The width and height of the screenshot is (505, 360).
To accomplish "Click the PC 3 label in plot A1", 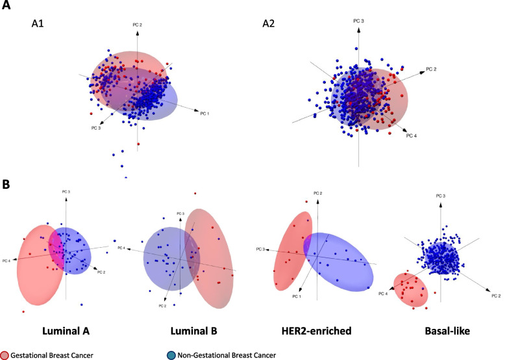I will (x=97, y=128).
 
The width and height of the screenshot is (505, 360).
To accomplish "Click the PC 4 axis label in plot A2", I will (x=411, y=135).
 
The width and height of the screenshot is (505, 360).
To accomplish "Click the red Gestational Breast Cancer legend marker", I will (x=5, y=354).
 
